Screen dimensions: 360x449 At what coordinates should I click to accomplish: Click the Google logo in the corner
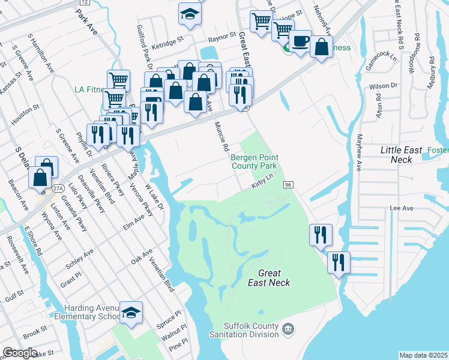[x=20, y=353]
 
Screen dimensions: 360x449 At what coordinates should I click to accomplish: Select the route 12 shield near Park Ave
[x=83, y=3]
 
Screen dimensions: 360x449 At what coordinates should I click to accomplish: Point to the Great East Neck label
[x=270, y=278]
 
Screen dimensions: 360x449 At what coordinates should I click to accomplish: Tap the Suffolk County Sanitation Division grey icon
[x=288, y=329]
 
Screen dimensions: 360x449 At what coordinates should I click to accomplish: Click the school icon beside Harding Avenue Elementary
[x=131, y=314]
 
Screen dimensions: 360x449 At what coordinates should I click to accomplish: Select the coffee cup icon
[x=300, y=42]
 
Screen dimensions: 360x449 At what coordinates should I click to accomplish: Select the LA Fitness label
[x=89, y=89]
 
